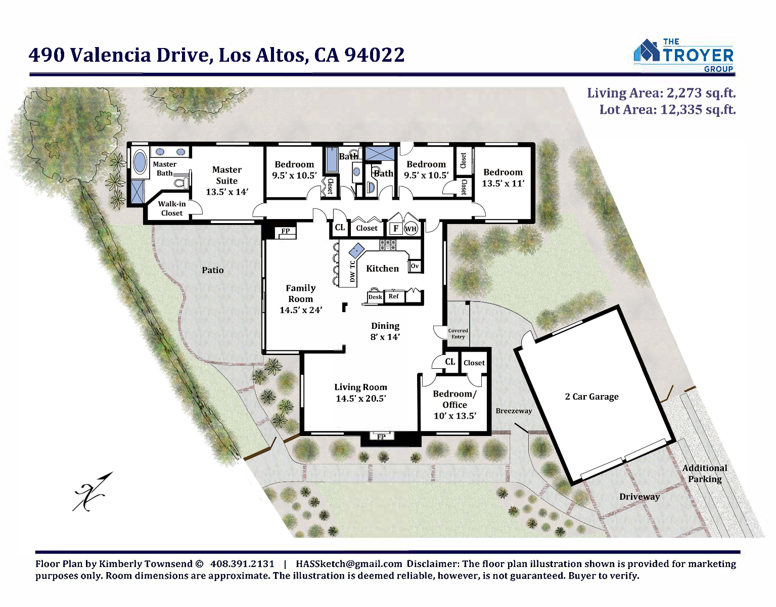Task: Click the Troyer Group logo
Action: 683,55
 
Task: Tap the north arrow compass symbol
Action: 92,492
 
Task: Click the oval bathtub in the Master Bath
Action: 140,162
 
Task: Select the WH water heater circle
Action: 410,229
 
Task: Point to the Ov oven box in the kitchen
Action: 415,266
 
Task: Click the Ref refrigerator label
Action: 393,296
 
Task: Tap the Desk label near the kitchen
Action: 375,297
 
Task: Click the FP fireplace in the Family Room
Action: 285,232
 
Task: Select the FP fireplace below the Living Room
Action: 381,437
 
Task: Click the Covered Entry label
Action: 458,333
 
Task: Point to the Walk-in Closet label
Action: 172,208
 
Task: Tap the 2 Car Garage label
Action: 591,397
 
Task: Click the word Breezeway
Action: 514,411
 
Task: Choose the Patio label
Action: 213,270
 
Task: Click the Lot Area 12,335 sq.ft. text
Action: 668,109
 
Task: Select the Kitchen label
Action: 383,268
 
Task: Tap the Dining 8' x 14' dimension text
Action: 385,331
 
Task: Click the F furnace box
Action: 396,228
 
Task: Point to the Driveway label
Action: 640,497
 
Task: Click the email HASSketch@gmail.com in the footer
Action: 349,564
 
